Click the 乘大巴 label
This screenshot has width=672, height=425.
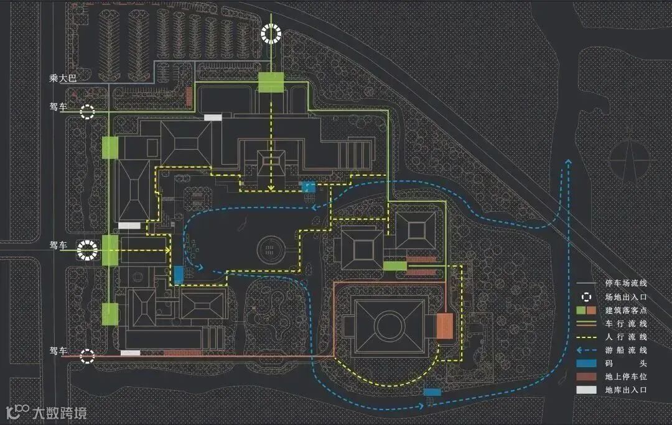tap(62, 79)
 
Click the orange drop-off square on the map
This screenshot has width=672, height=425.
tap(444, 326)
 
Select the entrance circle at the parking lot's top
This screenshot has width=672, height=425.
tap(271, 33)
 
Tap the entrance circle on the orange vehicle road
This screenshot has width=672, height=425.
tap(88, 356)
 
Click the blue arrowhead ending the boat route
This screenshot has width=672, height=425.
tap(567, 163)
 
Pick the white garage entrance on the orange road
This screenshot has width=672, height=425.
tap(130, 353)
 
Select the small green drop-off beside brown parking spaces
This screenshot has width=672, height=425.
tap(394, 266)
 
